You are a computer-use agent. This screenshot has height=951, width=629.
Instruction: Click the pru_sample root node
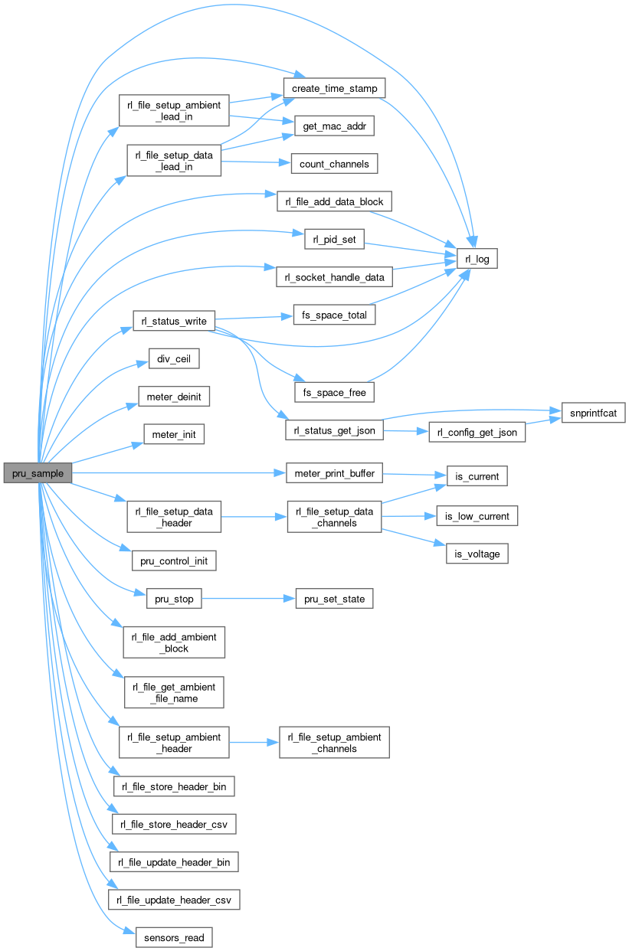coord(38,473)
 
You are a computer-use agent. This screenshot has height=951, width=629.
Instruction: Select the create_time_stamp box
coord(333,88)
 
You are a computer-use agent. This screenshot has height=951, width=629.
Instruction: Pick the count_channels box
coord(334,164)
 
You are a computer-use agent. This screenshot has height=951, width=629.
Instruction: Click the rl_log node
coord(477,260)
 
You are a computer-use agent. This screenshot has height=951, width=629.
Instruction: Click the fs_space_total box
coord(334,315)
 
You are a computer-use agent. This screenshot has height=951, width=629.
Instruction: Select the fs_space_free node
coord(334,392)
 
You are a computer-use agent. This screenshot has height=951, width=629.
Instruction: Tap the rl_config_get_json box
coord(477,432)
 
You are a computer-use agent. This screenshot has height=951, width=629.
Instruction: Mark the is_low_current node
coord(477,516)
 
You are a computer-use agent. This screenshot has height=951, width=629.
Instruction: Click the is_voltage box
coord(477,554)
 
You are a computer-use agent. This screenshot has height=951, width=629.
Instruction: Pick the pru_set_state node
coord(334,599)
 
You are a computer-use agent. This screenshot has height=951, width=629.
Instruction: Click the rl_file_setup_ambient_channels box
coord(334,743)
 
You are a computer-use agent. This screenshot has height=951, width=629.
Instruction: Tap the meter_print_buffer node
coord(334,473)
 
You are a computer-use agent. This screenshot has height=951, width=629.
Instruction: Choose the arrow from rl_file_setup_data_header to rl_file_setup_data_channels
coord(254,517)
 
